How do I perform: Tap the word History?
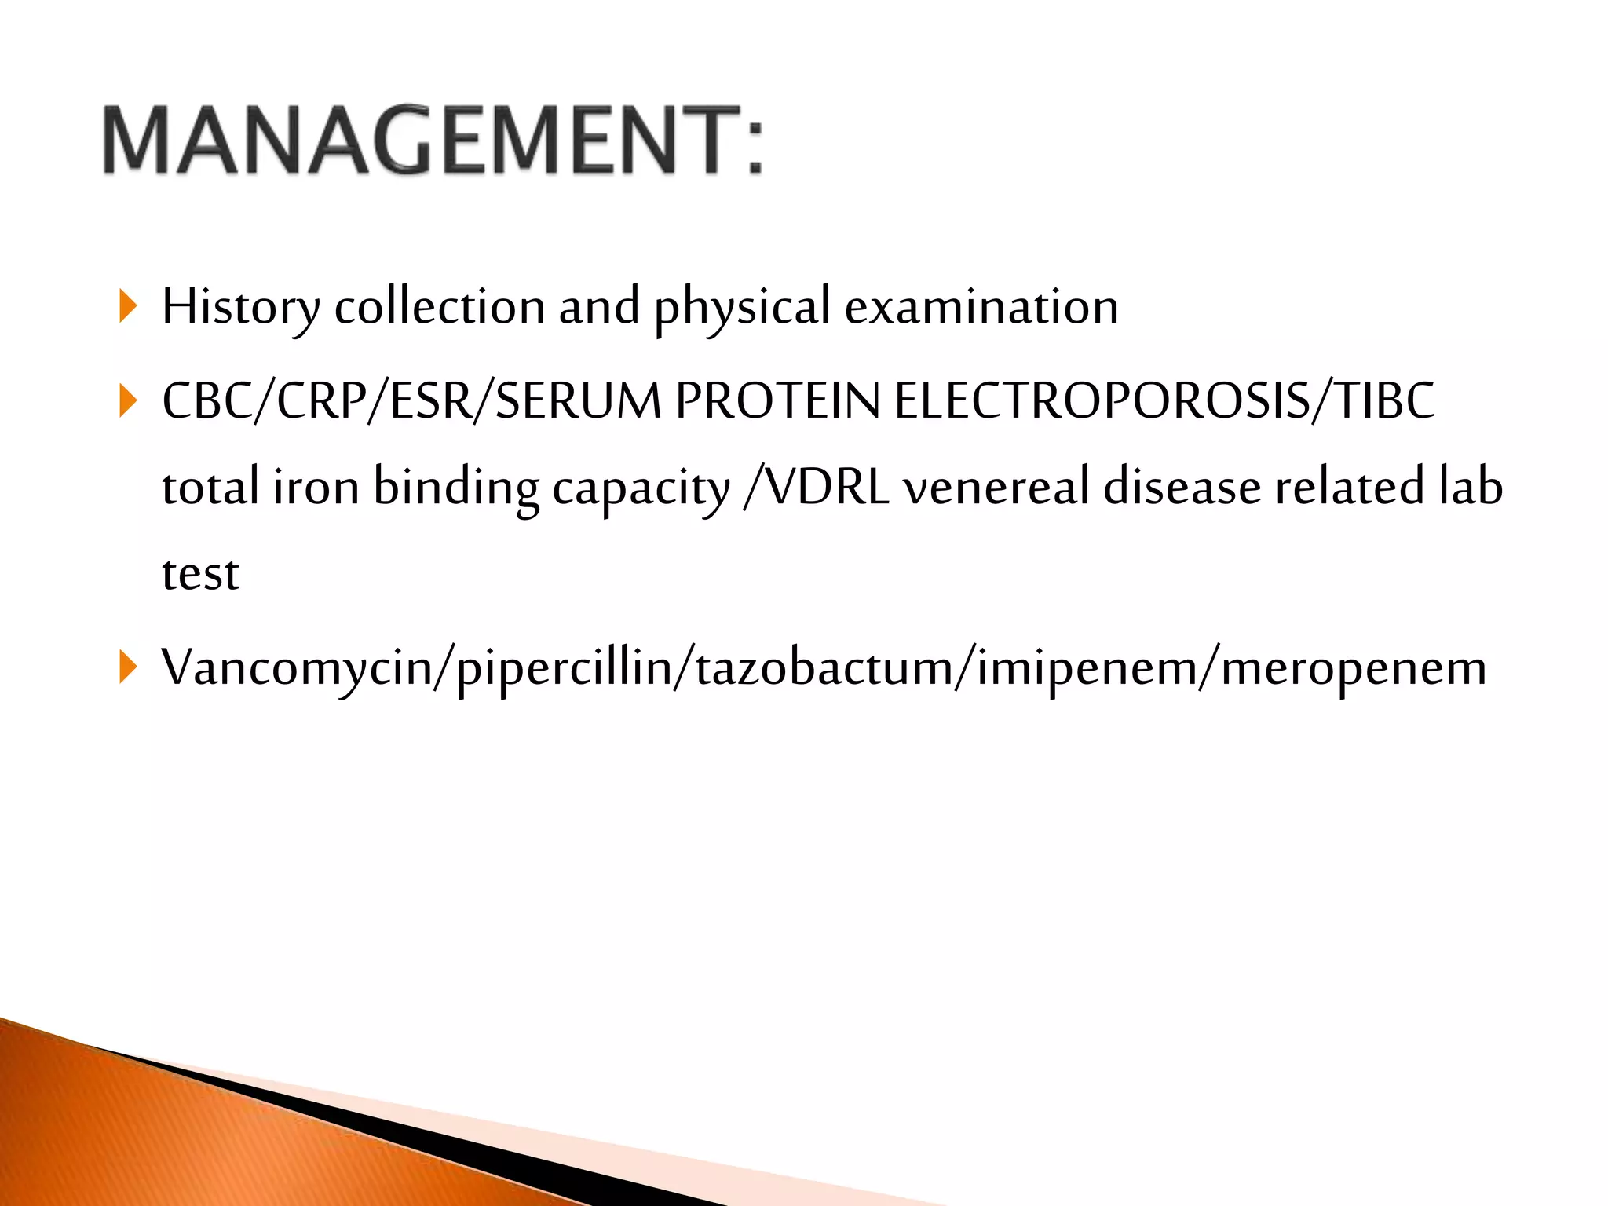(240, 307)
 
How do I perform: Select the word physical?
(742, 307)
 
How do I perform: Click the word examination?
(981, 307)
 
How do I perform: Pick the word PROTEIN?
(777, 401)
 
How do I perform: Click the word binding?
(455, 488)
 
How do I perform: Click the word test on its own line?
(200, 574)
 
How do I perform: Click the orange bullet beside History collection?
(129, 306)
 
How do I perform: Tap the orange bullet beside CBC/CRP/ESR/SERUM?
(129, 401)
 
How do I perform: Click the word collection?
(440, 307)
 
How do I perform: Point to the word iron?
(316, 488)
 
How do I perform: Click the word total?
(210, 488)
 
